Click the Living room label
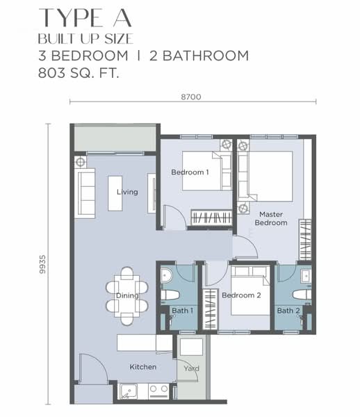[x=127, y=192]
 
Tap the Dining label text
[x=127, y=295]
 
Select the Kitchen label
[x=142, y=367]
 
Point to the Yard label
[x=190, y=368]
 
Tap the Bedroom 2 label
[x=240, y=295]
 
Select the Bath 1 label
[x=182, y=311]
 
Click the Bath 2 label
[x=288, y=311]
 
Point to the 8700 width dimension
[x=190, y=97]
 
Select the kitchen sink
[x=129, y=391]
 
